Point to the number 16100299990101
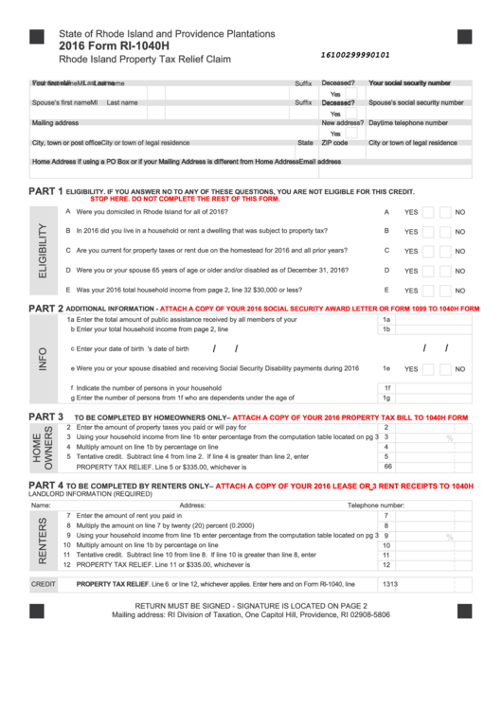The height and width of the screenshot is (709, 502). pyautogui.click(x=355, y=55)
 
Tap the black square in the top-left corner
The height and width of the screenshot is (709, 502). pyautogui.click(x=37, y=37)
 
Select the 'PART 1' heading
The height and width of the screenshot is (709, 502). pyautogui.click(x=45, y=191)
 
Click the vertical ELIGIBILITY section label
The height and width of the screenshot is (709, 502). pyautogui.click(x=41, y=250)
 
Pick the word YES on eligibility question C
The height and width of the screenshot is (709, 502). pyautogui.click(x=411, y=251)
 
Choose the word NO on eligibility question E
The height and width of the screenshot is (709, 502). pyautogui.click(x=459, y=292)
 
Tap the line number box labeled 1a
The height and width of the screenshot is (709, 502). pyautogui.click(x=385, y=320)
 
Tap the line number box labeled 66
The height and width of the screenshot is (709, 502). pyautogui.click(x=386, y=467)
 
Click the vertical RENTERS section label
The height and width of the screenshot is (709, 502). pyautogui.click(x=41, y=541)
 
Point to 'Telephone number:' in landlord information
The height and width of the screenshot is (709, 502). pyautogui.click(x=376, y=505)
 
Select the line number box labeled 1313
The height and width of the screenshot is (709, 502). pyautogui.click(x=389, y=584)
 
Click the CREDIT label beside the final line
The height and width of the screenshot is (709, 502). pyautogui.click(x=44, y=584)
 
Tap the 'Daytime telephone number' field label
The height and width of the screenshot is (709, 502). pyautogui.click(x=407, y=123)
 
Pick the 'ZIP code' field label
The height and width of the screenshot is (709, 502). pyautogui.click(x=334, y=143)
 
